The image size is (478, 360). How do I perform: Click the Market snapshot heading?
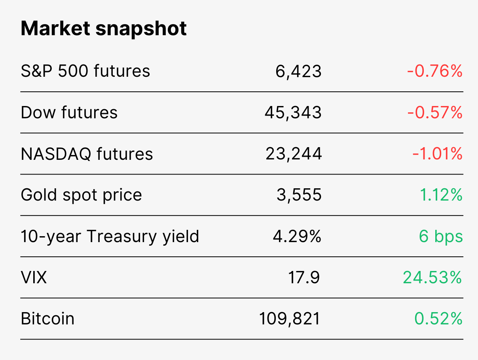click(x=104, y=29)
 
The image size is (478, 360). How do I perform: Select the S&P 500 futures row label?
click(x=85, y=71)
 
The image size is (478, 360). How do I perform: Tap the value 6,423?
click(x=298, y=72)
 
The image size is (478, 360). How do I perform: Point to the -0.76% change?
click(x=434, y=71)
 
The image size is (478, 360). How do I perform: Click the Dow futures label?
click(x=69, y=112)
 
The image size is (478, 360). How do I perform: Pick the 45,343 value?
click(x=293, y=113)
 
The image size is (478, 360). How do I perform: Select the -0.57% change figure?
click(x=434, y=112)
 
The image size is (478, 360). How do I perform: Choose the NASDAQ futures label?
click(x=87, y=154)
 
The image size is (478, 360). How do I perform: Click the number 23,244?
click(x=294, y=154)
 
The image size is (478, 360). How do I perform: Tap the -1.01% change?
click(x=437, y=153)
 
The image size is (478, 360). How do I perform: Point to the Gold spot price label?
click(x=81, y=195)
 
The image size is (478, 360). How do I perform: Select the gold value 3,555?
click(x=299, y=195)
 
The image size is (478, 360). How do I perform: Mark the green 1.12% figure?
click(x=441, y=195)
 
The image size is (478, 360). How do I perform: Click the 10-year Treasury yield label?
click(x=110, y=237)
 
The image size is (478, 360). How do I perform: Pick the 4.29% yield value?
click(x=297, y=236)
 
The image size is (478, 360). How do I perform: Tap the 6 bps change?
click(x=441, y=237)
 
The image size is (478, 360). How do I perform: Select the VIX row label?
click(x=34, y=277)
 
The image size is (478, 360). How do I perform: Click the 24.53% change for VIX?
click(x=432, y=277)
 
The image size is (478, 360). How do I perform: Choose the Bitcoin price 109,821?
click(x=290, y=319)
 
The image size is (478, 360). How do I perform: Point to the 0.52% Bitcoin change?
click(x=438, y=318)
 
